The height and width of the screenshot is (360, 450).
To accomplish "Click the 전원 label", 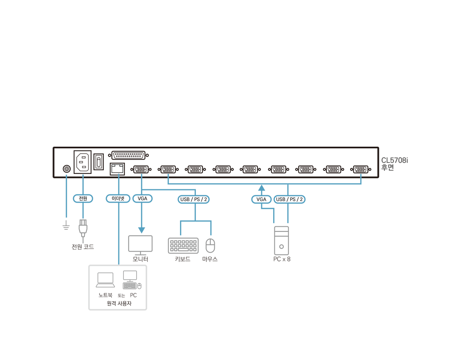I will [83, 199].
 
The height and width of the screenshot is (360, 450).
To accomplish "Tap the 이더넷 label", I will [118, 199].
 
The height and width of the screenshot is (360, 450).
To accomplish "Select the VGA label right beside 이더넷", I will [142, 199].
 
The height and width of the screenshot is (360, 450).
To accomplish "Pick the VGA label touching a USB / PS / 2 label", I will [261, 200].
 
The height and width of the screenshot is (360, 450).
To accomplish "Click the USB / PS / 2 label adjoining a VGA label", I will [289, 200].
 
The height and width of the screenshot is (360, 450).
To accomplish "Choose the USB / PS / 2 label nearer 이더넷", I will [194, 200].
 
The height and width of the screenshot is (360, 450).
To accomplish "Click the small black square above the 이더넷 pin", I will [117, 168].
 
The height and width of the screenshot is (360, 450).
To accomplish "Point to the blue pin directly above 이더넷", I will [119, 175].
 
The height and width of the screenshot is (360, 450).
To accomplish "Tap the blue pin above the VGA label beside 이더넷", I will [142, 175].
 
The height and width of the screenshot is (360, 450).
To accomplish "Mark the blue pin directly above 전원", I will [83, 175].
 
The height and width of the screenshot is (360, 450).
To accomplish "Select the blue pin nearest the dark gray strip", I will [360, 175].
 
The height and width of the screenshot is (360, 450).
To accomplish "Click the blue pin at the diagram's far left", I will [66, 175].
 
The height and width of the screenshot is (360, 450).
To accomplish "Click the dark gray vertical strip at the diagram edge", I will [397, 237].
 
